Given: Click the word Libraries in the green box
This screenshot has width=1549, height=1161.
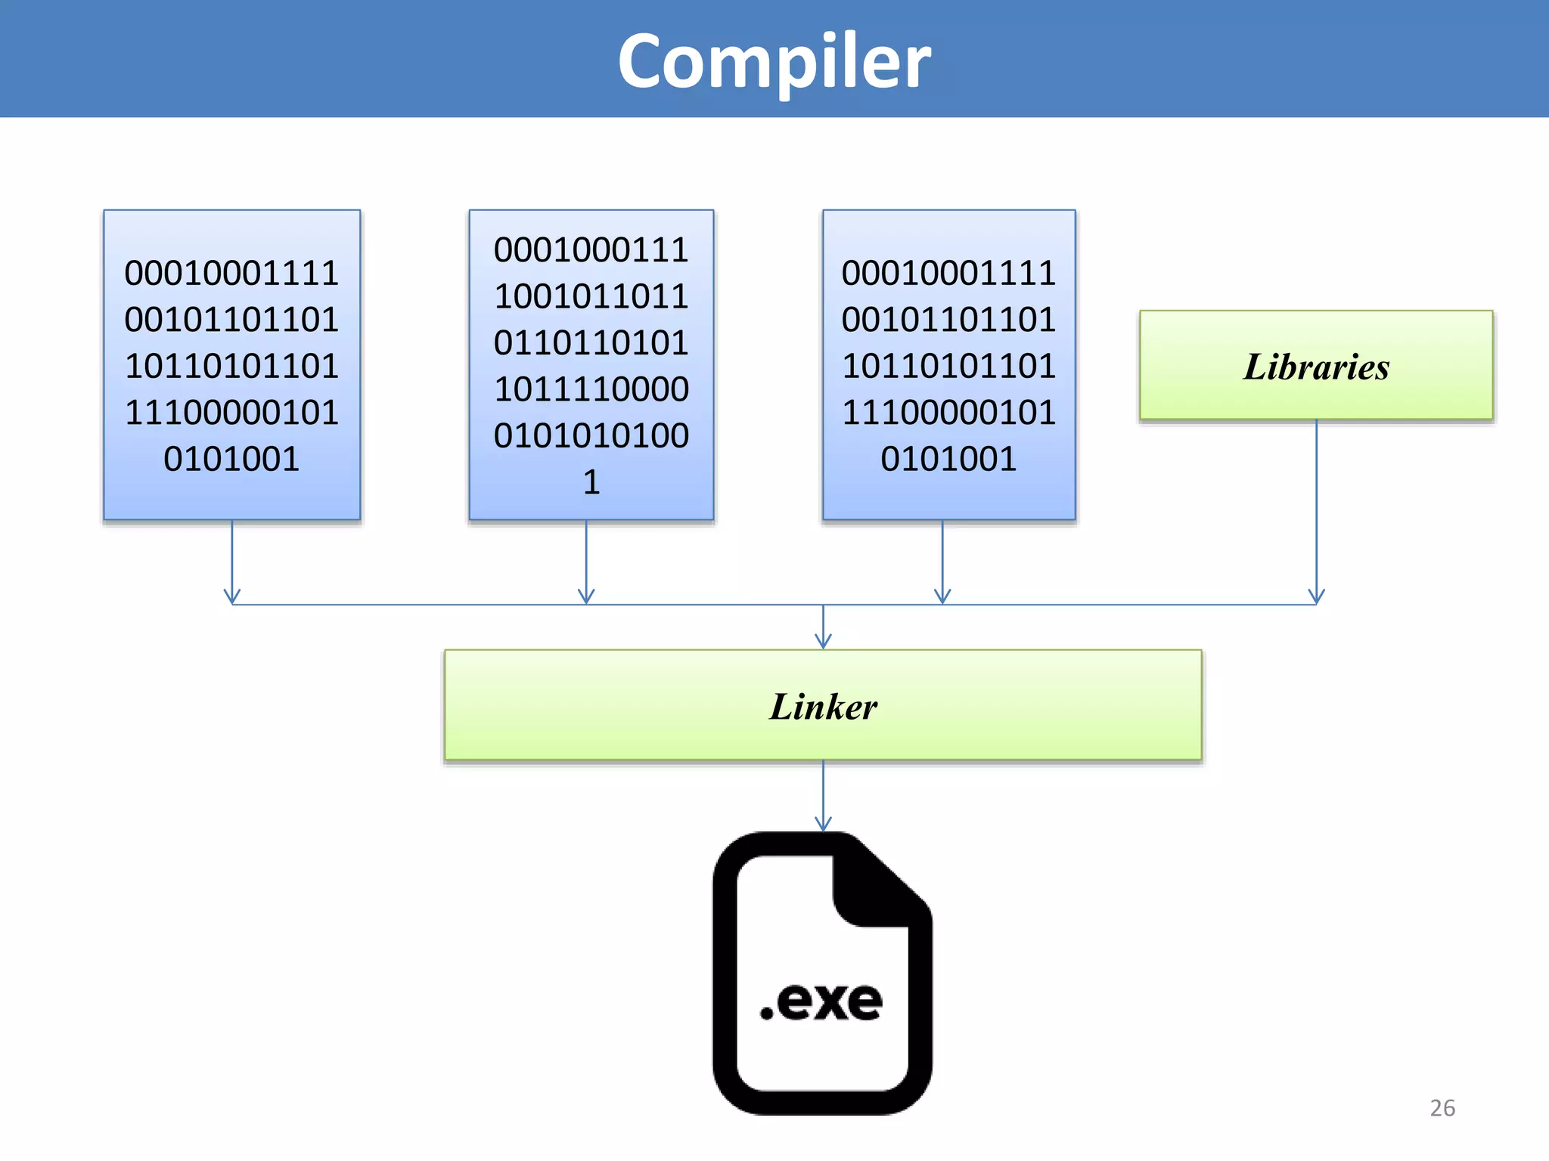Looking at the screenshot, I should click(x=1316, y=367).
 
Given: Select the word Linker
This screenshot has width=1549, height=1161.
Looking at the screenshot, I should click(x=823, y=707).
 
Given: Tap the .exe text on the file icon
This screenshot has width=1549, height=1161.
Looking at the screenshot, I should click(x=821, y=1002).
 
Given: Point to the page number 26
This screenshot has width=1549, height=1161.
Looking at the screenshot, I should click(x=1442, y=1107).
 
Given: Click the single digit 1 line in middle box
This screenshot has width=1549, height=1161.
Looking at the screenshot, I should click(x=591, y=482).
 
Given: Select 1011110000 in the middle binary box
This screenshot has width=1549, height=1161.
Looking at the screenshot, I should click(x=591, y=389).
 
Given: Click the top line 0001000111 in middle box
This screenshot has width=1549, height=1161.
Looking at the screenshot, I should click(x=591, y=250).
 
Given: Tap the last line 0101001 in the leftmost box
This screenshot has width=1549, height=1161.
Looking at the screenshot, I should click(x=231, y=459).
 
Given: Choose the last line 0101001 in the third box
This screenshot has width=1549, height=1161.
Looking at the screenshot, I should click(x=948, y=459).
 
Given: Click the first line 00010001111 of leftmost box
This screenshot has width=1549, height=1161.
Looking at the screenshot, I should click(x=231, y=273).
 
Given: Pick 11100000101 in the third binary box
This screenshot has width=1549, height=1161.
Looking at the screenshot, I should click(x=948, y=413).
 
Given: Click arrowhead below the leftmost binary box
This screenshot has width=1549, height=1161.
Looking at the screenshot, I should click(x=232, y=597).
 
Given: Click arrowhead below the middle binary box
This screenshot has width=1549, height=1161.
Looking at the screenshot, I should click(x=586, y=597).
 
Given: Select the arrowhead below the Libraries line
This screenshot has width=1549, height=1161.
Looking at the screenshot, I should click(x=1316, y=597).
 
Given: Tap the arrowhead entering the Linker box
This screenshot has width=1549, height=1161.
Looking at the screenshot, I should click(x=823, y=642).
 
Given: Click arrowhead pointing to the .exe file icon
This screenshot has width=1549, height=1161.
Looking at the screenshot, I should click(x=823, y=825).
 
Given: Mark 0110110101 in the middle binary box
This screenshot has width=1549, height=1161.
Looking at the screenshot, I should click(x=591, y=343).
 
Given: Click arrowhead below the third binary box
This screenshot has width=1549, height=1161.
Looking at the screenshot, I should click(x=942, y=597).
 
